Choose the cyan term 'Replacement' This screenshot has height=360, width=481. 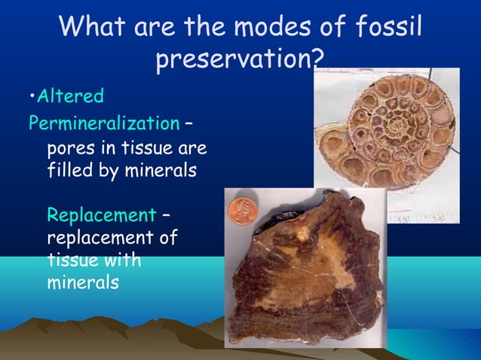pos(100,215)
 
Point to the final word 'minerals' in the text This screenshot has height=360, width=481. pos(82,284)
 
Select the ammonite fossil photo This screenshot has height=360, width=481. pos(385,143)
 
